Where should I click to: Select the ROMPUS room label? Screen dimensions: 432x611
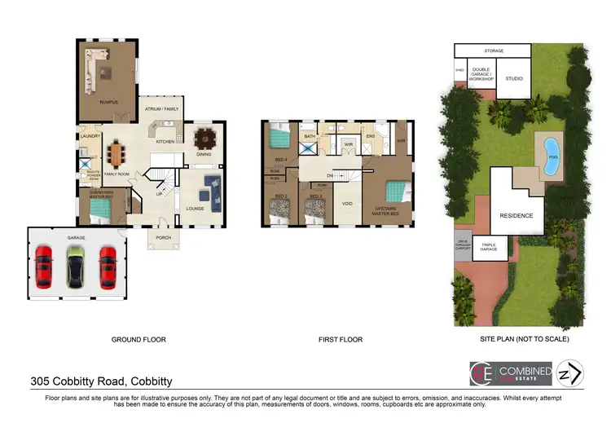tap(109, 102)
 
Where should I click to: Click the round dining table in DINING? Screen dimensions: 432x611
tap(202, 138)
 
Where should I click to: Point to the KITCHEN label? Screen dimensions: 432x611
tap(165, 141)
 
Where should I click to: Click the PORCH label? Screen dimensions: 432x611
tap(161, 238)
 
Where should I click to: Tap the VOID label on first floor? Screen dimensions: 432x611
tap(346, 205)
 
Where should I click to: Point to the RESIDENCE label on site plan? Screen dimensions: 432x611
tap(516, 216)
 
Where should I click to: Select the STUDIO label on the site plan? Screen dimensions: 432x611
tap(513, 79)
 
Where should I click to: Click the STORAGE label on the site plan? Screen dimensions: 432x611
tap(494, 51)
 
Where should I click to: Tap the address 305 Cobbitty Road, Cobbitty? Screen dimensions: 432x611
tap(101, 381)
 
